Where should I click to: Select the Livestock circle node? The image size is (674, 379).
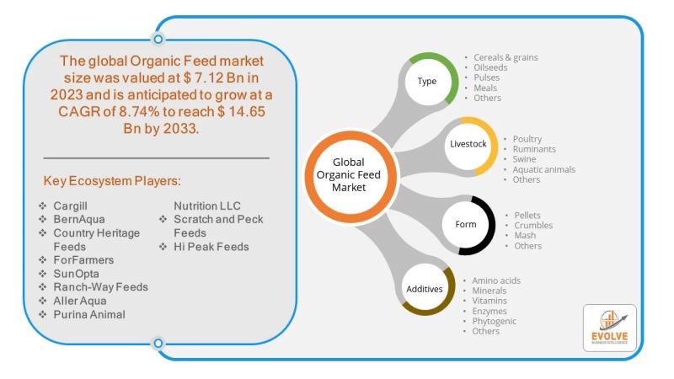471,145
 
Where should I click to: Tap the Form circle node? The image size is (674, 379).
468,225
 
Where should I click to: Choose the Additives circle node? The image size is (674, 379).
427,288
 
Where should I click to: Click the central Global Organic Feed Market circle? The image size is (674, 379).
350,176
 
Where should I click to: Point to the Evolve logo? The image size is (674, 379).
609,328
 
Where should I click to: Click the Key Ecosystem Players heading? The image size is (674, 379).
112,181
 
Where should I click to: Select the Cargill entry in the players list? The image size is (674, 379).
70,206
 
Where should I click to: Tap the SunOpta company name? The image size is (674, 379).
76,274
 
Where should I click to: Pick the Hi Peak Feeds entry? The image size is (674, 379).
211,247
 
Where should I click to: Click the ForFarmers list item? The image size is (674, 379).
83,260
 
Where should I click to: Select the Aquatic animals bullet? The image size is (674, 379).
543,169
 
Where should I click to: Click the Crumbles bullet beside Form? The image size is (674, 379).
533,225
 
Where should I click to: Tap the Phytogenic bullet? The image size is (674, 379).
495,321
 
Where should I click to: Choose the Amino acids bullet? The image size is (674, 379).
496,280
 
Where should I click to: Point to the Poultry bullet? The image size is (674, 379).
527,139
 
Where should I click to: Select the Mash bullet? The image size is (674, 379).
525,236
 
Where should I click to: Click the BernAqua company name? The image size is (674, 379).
79,219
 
